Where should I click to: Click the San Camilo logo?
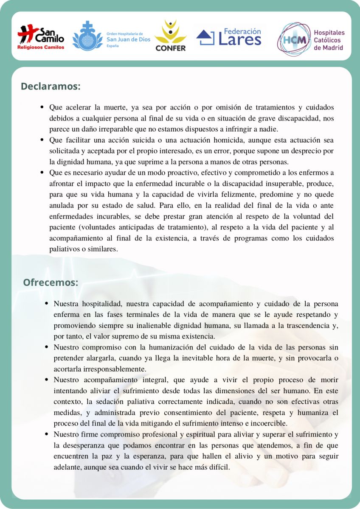(x=41, y=36)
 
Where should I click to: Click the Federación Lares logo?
(x=229, y=37)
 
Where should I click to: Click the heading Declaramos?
(x=51, y=86)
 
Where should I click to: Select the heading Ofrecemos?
(x=51, y=282)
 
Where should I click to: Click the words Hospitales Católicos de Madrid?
(x=329, y=40)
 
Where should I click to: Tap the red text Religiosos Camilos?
(x=41, y=48)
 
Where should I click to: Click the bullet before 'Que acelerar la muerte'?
(x=42, y=107)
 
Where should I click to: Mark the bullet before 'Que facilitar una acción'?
(x=42, y=140)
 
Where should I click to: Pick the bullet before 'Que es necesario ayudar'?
(x=42, y=173)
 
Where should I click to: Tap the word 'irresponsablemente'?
(x=100, y=369)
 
